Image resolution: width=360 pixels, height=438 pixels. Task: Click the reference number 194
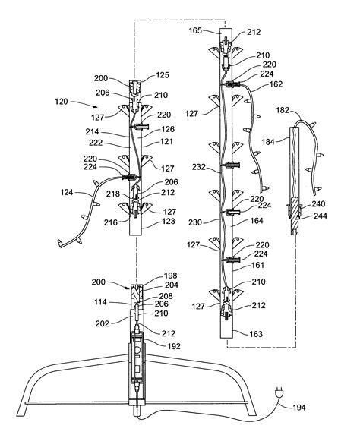(298, 408)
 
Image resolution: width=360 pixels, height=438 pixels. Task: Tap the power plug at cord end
(279, 392)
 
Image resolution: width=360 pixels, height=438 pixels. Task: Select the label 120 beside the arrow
(62, 102)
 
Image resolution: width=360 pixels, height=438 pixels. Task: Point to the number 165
(195, 30)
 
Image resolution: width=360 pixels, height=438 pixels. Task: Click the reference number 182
(283, 110)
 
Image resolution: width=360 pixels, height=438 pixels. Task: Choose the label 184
(268, 142)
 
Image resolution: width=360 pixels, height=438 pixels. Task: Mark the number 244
(321, 216)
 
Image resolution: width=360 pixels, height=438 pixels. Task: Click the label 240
(318, 204)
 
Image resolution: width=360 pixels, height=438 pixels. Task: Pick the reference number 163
(256, 334)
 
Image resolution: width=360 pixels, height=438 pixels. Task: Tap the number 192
(174, 346)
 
